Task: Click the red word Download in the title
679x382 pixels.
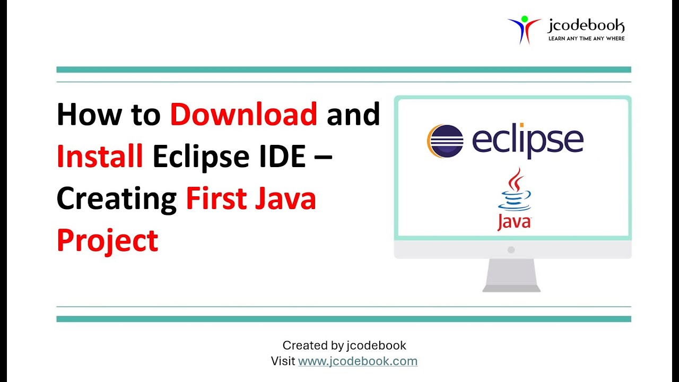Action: (243, 115)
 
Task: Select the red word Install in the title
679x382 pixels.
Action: (100, 157)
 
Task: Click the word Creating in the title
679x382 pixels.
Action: (116, 199)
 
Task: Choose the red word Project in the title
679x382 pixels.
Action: (107, 241)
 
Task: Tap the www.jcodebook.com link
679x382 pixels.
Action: (358, 361)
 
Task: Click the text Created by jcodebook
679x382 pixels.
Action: (344, 345)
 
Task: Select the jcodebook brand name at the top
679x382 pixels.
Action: (586, 25)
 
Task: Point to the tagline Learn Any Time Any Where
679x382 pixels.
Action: (586, 38)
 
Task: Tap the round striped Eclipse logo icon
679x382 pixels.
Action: (445, 141)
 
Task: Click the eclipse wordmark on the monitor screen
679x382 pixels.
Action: (527, 141)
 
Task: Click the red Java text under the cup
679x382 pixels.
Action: (514, 222)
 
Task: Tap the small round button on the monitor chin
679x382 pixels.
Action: (511, 249)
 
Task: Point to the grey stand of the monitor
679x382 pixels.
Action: (511, 275)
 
